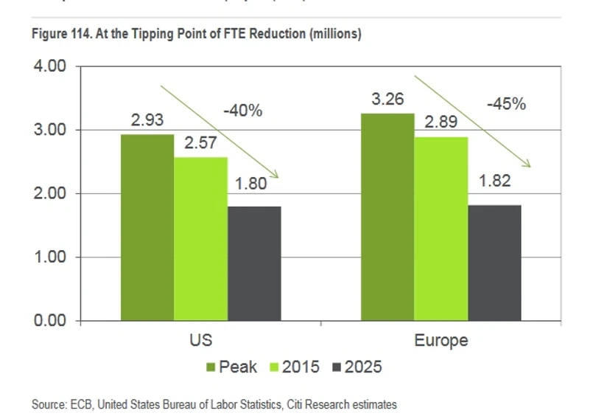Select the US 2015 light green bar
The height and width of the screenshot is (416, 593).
[200, 239]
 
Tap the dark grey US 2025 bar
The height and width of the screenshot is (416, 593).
[254, 263]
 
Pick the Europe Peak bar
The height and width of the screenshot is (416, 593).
[387, 217]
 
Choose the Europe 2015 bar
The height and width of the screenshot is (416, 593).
[441, 229]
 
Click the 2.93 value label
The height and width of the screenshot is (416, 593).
[148, 120]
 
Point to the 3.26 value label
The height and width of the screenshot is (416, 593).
[387, 99]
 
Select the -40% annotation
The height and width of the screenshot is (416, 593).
[242, 111]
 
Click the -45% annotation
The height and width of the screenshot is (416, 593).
[506, 104]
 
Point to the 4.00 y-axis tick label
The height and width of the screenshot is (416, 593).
[51, 66]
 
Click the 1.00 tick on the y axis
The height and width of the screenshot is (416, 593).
[51, 257]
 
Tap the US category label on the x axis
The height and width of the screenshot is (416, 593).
[201, 341]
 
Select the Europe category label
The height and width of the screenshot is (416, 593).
[441, 341]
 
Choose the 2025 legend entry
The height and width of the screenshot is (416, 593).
[357, 367]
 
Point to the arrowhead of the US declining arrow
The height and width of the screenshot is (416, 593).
[276, 175]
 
